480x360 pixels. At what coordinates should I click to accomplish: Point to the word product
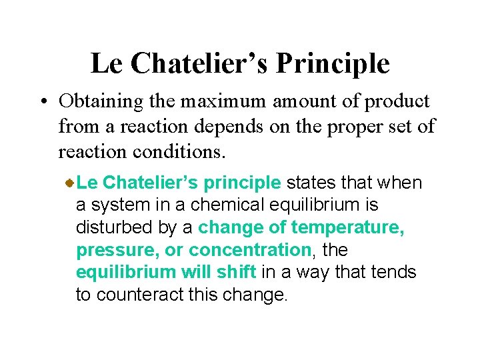397,101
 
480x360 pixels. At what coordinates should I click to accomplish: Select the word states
311,182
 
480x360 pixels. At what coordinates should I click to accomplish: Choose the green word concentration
249,250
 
